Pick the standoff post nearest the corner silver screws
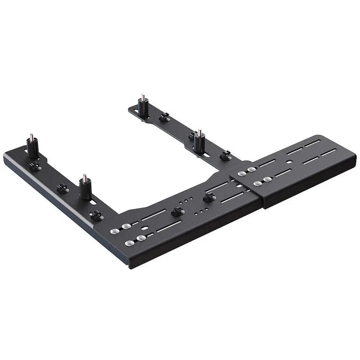point(85,188)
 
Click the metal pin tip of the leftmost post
point(31,137)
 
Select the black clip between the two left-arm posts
point(63,189)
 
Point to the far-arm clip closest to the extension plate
point(225,155)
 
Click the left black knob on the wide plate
point(177,212)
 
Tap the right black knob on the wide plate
point(208,197)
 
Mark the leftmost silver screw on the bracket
point(115,231)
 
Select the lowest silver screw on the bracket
point(130,243)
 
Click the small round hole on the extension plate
point(290,160)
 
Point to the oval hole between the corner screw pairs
point(145,227)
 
